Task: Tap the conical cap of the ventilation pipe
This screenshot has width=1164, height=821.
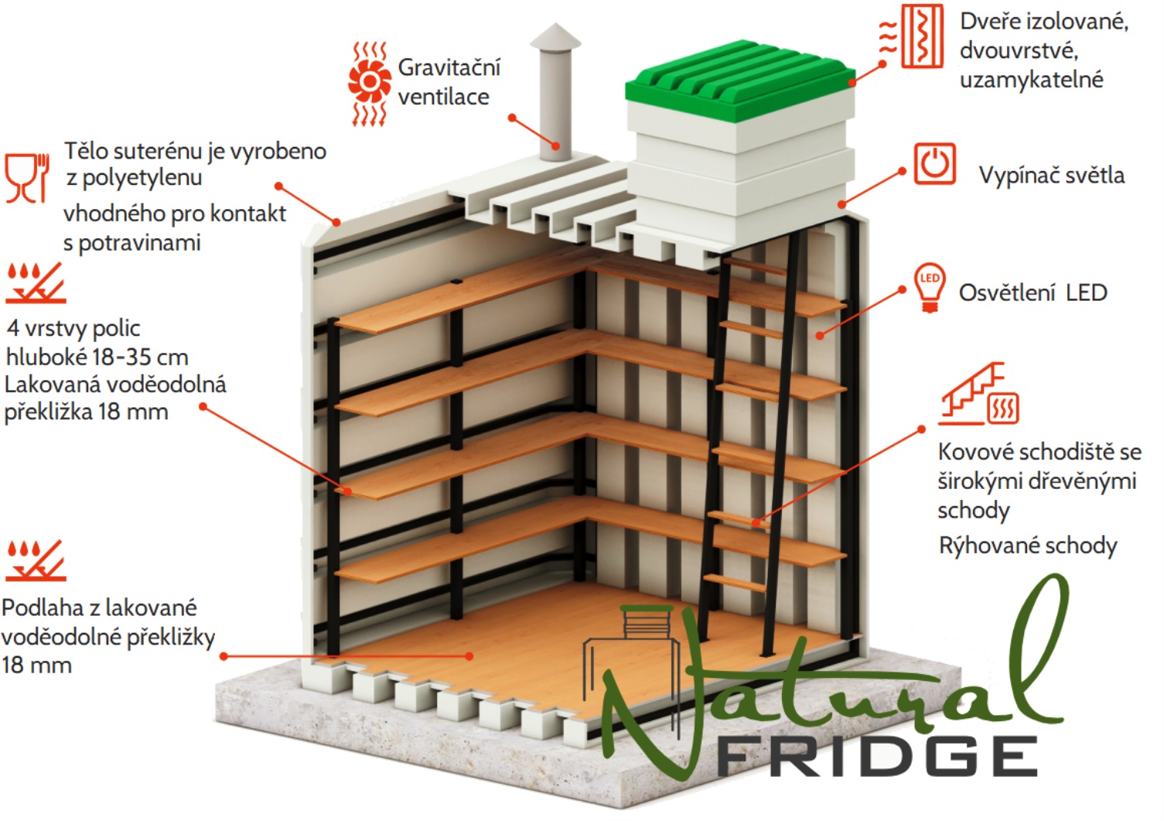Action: coord(555,36)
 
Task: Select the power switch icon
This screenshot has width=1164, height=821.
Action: coord(935,163)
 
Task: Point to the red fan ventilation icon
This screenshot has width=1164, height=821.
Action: coord(370,84)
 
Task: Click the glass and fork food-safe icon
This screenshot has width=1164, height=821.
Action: coord(27,177)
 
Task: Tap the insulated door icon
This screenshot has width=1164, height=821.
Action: coord(911,36)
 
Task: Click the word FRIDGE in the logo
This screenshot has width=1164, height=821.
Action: coord(877,757)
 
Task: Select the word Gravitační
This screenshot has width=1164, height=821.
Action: coord(449,67)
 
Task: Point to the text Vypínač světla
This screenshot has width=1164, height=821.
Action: coord(1052,175)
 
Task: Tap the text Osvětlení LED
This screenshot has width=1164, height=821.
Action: coord(1033,292)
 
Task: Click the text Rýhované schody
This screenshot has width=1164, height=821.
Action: coord(1028,546)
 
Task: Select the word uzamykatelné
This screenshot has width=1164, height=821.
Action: coord(1032,80)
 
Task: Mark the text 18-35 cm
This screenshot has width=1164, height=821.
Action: coord(140,357)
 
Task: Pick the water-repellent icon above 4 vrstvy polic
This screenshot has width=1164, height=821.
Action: coord(36,282)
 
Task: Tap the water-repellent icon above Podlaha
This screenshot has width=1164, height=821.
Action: coord(36,560)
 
